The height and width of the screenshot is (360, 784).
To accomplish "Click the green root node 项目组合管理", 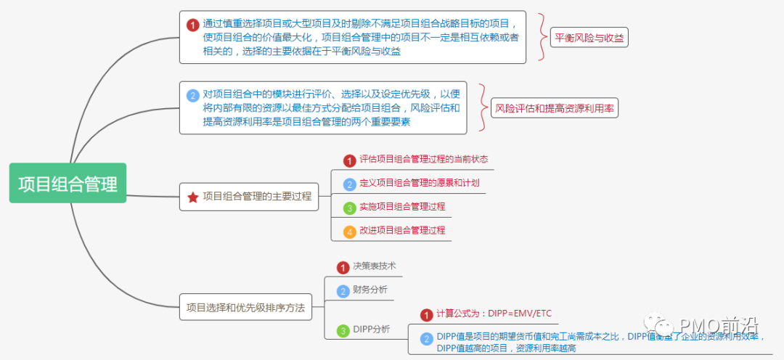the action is click(68, 183).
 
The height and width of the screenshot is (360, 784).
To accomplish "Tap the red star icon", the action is click(192, 197).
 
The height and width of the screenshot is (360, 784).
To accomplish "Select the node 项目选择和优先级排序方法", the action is click(245, 307).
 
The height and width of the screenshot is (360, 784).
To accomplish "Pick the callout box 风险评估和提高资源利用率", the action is click(554, 109).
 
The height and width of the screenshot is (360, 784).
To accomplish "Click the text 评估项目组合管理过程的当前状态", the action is click(423, 159).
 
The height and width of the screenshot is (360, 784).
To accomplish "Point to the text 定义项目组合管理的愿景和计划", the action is click(419, 183).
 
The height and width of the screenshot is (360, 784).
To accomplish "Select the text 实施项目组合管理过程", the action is click(401, 207).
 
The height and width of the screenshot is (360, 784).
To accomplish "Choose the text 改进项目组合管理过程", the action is click(401, 231).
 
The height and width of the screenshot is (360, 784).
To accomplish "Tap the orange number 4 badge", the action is click(349, 232).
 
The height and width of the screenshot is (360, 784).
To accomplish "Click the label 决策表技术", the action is click(374, 267).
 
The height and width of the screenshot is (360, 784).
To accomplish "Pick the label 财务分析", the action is click(370, 290).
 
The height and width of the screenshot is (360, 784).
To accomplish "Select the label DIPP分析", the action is click(372, 330).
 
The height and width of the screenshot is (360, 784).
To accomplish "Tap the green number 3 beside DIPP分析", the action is click(343, 330).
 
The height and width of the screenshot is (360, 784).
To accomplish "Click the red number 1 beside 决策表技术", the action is click(343, 268).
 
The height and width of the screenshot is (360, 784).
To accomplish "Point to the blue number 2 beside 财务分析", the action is click(343, 291).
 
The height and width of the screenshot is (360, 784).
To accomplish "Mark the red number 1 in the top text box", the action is click(192, 25).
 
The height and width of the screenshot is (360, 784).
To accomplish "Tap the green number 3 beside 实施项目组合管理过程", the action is click(349, 208).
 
